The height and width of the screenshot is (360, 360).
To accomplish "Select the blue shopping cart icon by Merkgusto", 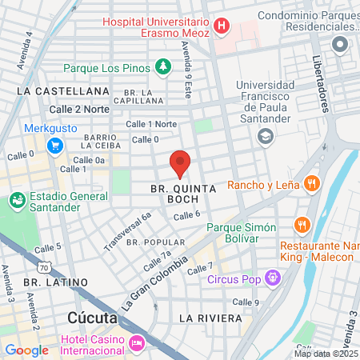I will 55,146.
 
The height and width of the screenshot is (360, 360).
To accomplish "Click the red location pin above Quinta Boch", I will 180,162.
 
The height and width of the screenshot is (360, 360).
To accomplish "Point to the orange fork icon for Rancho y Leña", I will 313,184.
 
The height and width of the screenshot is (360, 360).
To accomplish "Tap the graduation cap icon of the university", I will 264,137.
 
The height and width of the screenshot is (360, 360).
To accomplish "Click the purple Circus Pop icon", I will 274,278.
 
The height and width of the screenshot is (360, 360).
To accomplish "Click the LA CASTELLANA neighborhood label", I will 55,92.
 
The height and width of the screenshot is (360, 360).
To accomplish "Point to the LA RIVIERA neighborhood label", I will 210,318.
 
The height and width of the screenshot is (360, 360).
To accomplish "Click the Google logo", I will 26,350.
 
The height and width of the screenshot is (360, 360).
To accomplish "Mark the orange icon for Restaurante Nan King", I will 302,225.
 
